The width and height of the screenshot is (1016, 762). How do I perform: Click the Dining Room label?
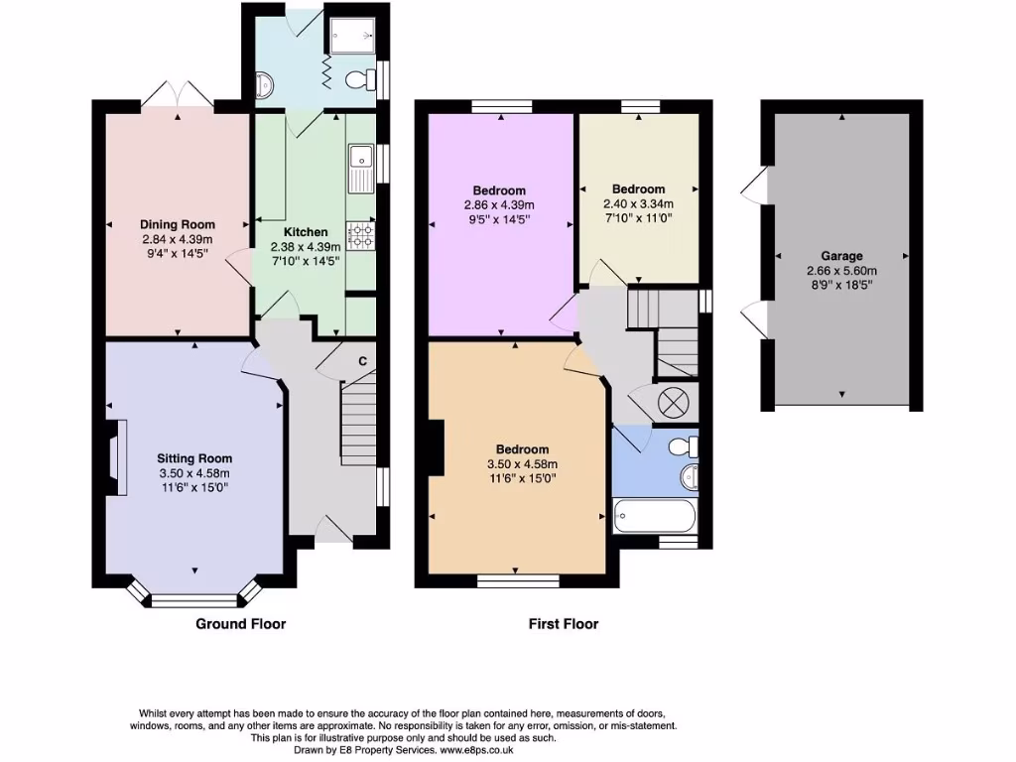178,224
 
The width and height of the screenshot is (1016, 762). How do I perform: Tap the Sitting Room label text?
194,458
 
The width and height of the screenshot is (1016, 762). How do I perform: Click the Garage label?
841,255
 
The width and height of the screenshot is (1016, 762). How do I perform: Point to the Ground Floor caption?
240,624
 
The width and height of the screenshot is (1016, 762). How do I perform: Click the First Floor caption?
563,624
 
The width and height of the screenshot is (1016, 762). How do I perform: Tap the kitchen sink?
359,168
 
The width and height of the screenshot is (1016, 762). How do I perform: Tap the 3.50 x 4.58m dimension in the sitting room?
194,473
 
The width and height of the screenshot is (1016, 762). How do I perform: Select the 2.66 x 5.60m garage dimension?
841,270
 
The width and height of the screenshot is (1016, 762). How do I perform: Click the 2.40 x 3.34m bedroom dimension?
638,203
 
